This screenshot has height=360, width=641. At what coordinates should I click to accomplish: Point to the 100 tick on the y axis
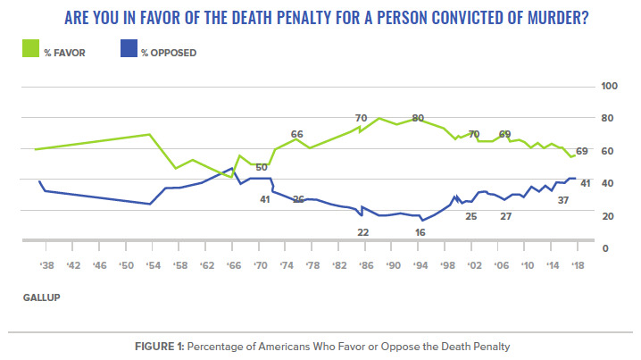pos(611,87)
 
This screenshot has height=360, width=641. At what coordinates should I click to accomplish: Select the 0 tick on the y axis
pos(605,248)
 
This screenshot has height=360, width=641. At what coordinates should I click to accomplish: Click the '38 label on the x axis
pos(47,265)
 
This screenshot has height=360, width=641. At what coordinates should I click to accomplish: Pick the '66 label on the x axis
pos(233,265)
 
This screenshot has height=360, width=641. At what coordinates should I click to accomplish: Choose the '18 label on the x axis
pos(579,265)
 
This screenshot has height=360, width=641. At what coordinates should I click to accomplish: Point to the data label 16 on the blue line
pos(420,232)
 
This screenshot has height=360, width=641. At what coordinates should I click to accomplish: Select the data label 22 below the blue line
pos(362,232)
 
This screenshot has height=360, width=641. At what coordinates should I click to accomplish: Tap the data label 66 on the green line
pos(297,134)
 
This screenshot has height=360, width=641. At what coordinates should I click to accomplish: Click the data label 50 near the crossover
pos(262,167)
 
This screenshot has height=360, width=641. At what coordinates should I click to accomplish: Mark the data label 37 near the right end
pos(563,200)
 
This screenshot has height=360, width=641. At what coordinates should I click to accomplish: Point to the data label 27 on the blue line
pos(505,216)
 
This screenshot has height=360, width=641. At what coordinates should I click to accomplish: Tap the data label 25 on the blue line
pos(470,216)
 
